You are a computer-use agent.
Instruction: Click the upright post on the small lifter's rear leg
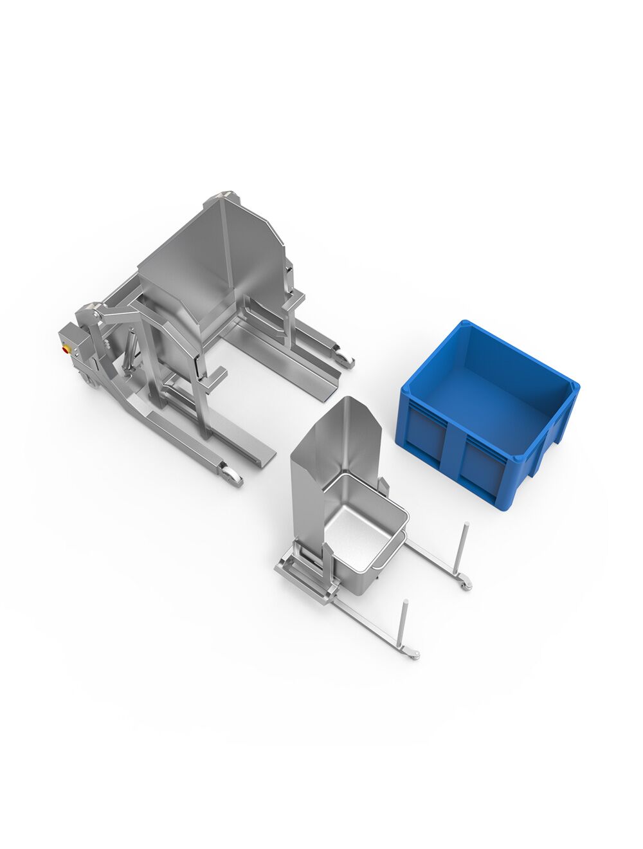(x=462, y=547)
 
